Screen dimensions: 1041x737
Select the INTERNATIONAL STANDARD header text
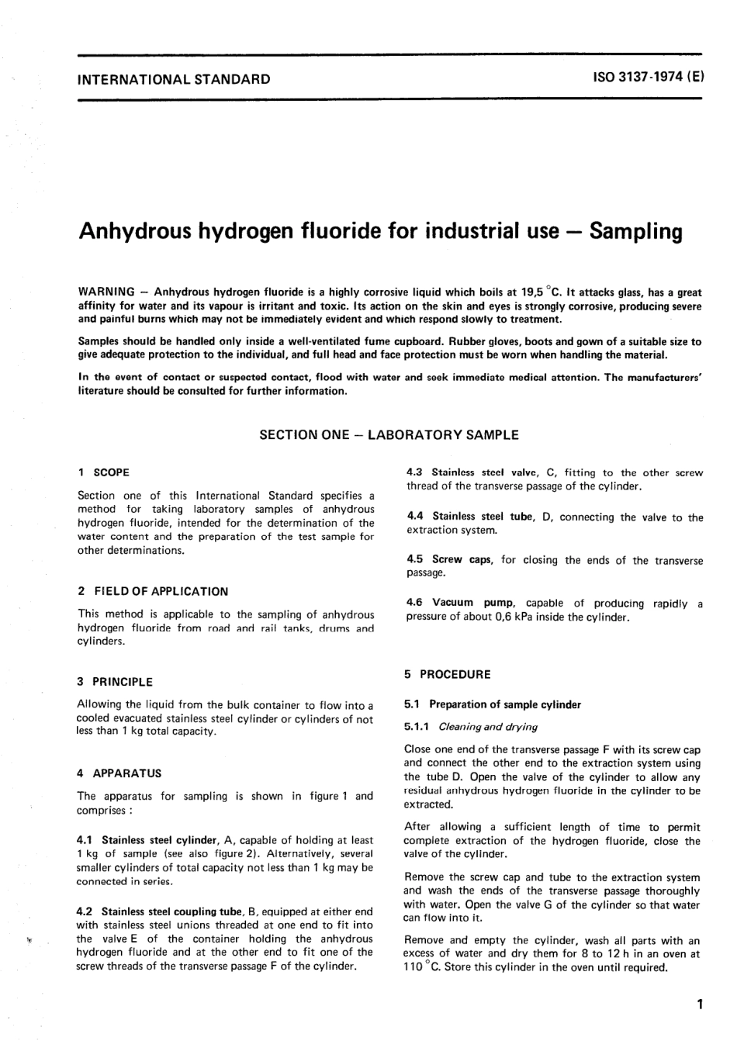(x=174, y=79)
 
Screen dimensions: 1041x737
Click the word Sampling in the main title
(x=635, y=231)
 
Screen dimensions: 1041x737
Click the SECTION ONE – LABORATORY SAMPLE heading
(x=389, y=435)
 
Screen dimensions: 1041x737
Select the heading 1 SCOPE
(x=104, y=472)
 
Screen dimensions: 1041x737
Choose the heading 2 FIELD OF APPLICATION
(x=153, y=591)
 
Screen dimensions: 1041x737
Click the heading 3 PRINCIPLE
(x=115, y=682)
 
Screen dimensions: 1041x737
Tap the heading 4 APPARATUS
(x=119, y=773)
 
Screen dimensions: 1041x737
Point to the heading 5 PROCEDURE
(x=448, y=675)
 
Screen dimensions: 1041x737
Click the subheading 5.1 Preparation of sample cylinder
(x=493, y=704)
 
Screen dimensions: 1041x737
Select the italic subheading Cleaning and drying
(x=488, y=727)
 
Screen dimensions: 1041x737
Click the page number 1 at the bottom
(x=700, y=1005)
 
